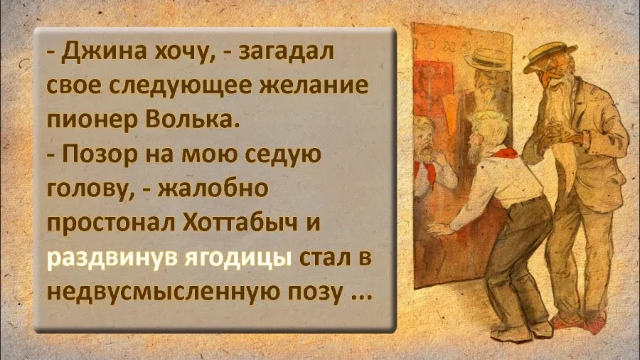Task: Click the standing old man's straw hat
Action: tap(550, 54)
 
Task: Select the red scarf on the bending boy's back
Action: tap(503, 157)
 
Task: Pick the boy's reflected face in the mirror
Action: tap(425, 140)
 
